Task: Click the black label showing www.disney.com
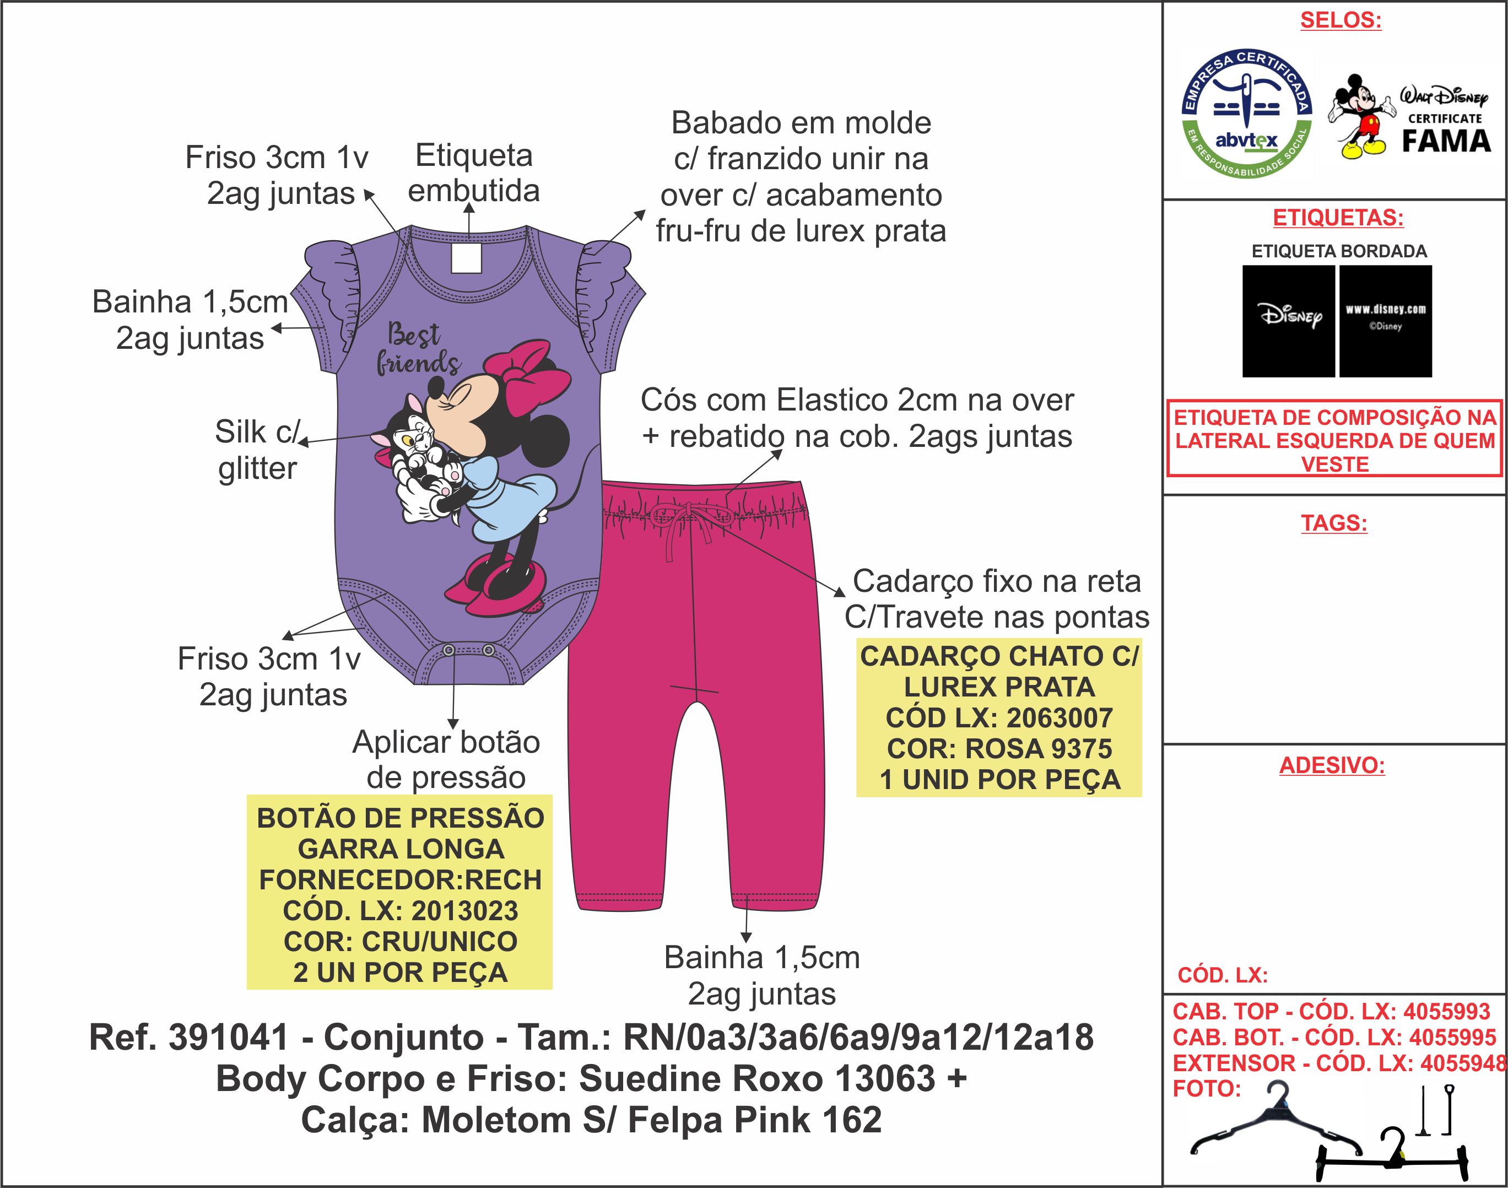1385,321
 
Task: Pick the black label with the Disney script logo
1288,321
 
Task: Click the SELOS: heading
1341,20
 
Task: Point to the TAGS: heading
1334,522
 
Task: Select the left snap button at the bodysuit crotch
448,650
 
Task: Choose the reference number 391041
228,1038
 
